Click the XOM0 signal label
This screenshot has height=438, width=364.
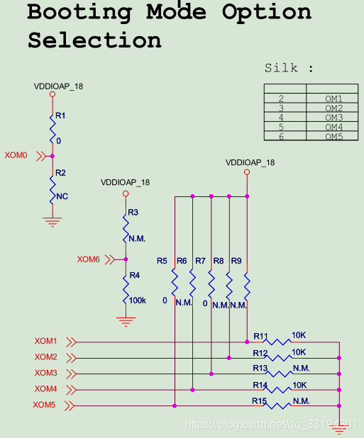point(16,155)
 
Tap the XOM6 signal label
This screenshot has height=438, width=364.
point(89,259)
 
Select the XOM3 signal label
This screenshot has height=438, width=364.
point(46,373)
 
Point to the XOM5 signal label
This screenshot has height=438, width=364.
point(44,405)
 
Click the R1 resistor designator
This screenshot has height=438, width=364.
point(60,116)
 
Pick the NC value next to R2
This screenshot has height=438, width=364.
point(62,196)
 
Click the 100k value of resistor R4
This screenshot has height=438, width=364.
point(137,301)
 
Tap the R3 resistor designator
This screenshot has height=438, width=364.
point(133,213)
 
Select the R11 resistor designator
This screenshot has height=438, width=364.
point(260,336)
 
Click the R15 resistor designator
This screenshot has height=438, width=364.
point(259,401)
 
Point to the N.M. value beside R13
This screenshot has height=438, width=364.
point(302,368)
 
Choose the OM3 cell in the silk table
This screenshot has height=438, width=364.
point(333,118)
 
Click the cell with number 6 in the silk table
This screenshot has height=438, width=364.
point(281,137)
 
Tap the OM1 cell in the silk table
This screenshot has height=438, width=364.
point(333,99)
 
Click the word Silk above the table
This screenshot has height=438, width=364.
point(281,68)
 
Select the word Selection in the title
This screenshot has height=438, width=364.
point(94,40)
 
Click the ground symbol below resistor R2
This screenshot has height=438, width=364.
point(53,222)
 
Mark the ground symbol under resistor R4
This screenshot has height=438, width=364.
point(126,322)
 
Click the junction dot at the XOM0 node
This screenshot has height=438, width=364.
point(53,156)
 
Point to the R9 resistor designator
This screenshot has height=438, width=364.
point(236,261)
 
